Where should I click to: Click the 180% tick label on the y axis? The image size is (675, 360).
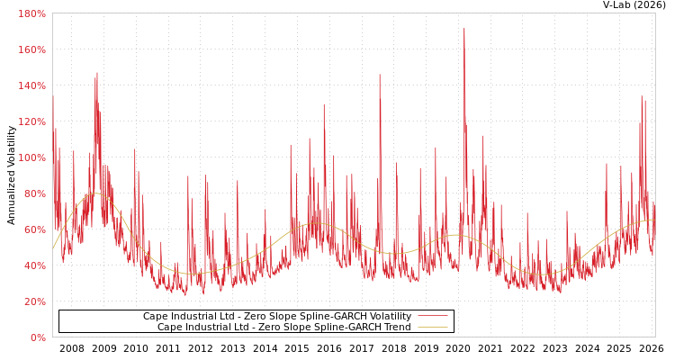point(31,13)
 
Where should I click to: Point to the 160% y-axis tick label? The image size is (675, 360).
point(31,49)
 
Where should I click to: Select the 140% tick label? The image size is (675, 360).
point(31,85)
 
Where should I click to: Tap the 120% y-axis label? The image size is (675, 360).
point(31,121)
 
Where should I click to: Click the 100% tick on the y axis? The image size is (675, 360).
point(31,157)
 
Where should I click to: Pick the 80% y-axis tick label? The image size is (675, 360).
point(34,193)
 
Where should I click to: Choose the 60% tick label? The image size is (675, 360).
point(34,229)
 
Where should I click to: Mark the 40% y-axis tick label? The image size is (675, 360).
point(34,265)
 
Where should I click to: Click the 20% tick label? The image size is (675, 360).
point(34,301)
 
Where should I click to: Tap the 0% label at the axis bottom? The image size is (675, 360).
point(38,337)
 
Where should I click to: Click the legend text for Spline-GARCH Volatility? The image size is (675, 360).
point(277,317)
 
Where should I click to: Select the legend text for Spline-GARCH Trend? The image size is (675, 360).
point(284,328)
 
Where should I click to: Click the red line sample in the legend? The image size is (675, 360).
point(432,317)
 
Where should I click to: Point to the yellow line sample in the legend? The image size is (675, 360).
point(432,328)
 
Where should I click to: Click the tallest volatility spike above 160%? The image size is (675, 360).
point(464,30)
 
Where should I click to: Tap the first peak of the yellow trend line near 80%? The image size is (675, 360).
point(96,193)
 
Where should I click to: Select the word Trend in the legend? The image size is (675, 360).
point(397,328)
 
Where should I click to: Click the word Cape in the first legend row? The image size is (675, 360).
point(155,317)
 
